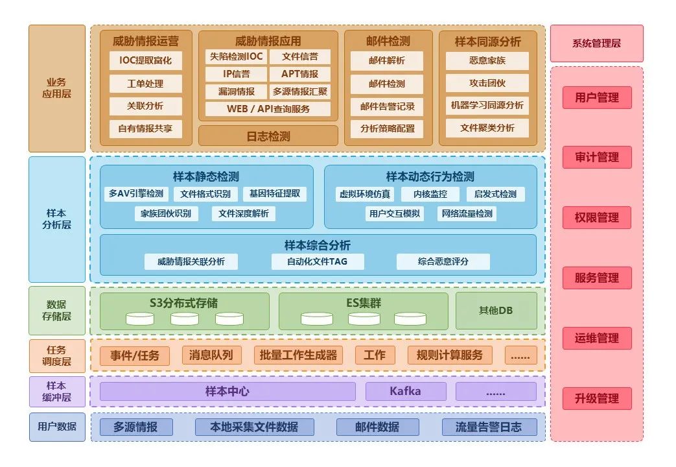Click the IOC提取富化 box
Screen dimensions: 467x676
[x=145, y=61]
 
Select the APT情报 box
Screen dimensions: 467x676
[x=299, y=74]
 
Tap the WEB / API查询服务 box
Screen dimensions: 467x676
[x=268, y=109]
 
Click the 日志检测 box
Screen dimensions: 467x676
[x=268, y=136]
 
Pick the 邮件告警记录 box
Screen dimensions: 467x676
[x=387, y=106]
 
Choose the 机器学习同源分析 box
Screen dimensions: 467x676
[x=487, y=105]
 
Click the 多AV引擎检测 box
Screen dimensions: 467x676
[x=136, y=193]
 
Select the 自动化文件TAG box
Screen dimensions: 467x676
[x=317, y=261]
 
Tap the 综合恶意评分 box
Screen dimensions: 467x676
[x=443, y=261]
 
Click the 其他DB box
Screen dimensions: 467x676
[x=496, y=310]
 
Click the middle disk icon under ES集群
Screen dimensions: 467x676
[x=364, y=319]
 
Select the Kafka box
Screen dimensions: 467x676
[x=405, y=391]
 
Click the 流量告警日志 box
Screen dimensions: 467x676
[x=489, y=427]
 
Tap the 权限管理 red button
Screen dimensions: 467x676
[x=597, y=217]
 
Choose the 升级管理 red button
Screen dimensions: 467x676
[x=597, y=398]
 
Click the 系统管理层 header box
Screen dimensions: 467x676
[x=596, y=43]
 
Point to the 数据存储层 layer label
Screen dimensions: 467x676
[x=56, y=310]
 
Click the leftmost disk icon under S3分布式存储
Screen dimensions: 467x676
[x=140, y=319]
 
